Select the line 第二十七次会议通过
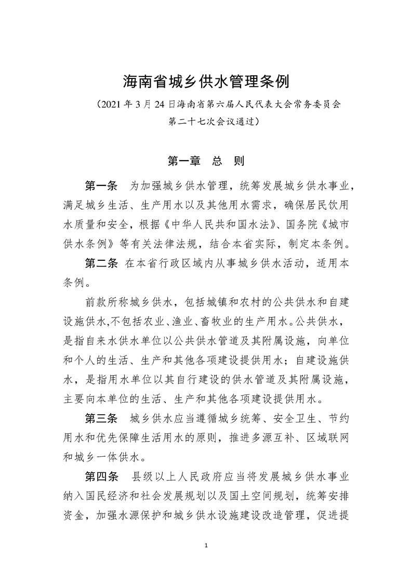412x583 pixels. (206, 122)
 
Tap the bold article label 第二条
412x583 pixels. (101, 264)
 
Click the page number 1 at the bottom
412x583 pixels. (206, 546)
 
